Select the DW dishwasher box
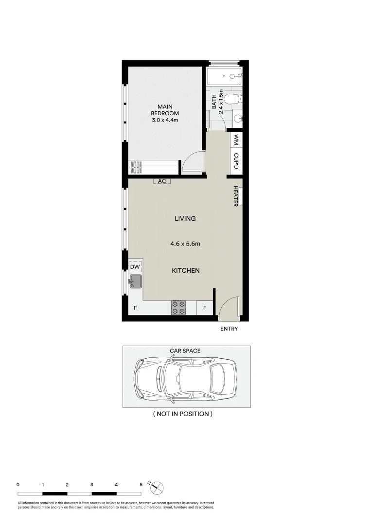tap(135, 267)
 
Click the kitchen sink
tap(135, 280)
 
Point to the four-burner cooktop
tap(178, 307)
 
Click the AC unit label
tap(162, 181)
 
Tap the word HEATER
tap(236, 196)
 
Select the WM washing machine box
tap(236, 140)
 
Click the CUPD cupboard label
tap(236, 161)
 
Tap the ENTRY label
tap(229, 329)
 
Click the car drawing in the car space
tap(186, 377)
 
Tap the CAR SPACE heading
tap(185, 350)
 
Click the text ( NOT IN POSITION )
tap(183, 414)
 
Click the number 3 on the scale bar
tap(92, 485)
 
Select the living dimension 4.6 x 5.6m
tap(185, 244)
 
